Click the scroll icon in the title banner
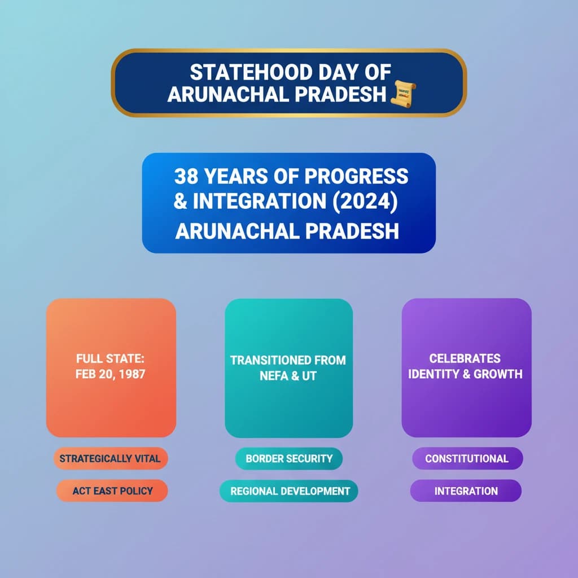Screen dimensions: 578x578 click(x=403, y=93)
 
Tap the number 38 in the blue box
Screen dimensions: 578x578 click(x=186, y=176)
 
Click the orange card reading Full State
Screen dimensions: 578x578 click(x=111, y=367)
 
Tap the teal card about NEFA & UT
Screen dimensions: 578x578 click(x=288, y=367)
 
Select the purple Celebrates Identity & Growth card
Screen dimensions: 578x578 click(x=466, y=367)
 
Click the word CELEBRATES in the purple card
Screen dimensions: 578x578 click(x=465, y=358)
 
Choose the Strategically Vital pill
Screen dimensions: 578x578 click(x=110, y=458)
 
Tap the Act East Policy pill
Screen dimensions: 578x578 click(x=112, y=491)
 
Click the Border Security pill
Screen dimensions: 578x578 click(x=289, y=458)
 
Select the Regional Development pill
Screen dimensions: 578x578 click(x=289, y=491)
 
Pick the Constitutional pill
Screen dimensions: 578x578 click(x=466, y=458)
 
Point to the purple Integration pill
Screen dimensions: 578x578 click(x=466, y=491)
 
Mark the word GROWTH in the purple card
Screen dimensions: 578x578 click(x=498, y=374)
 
